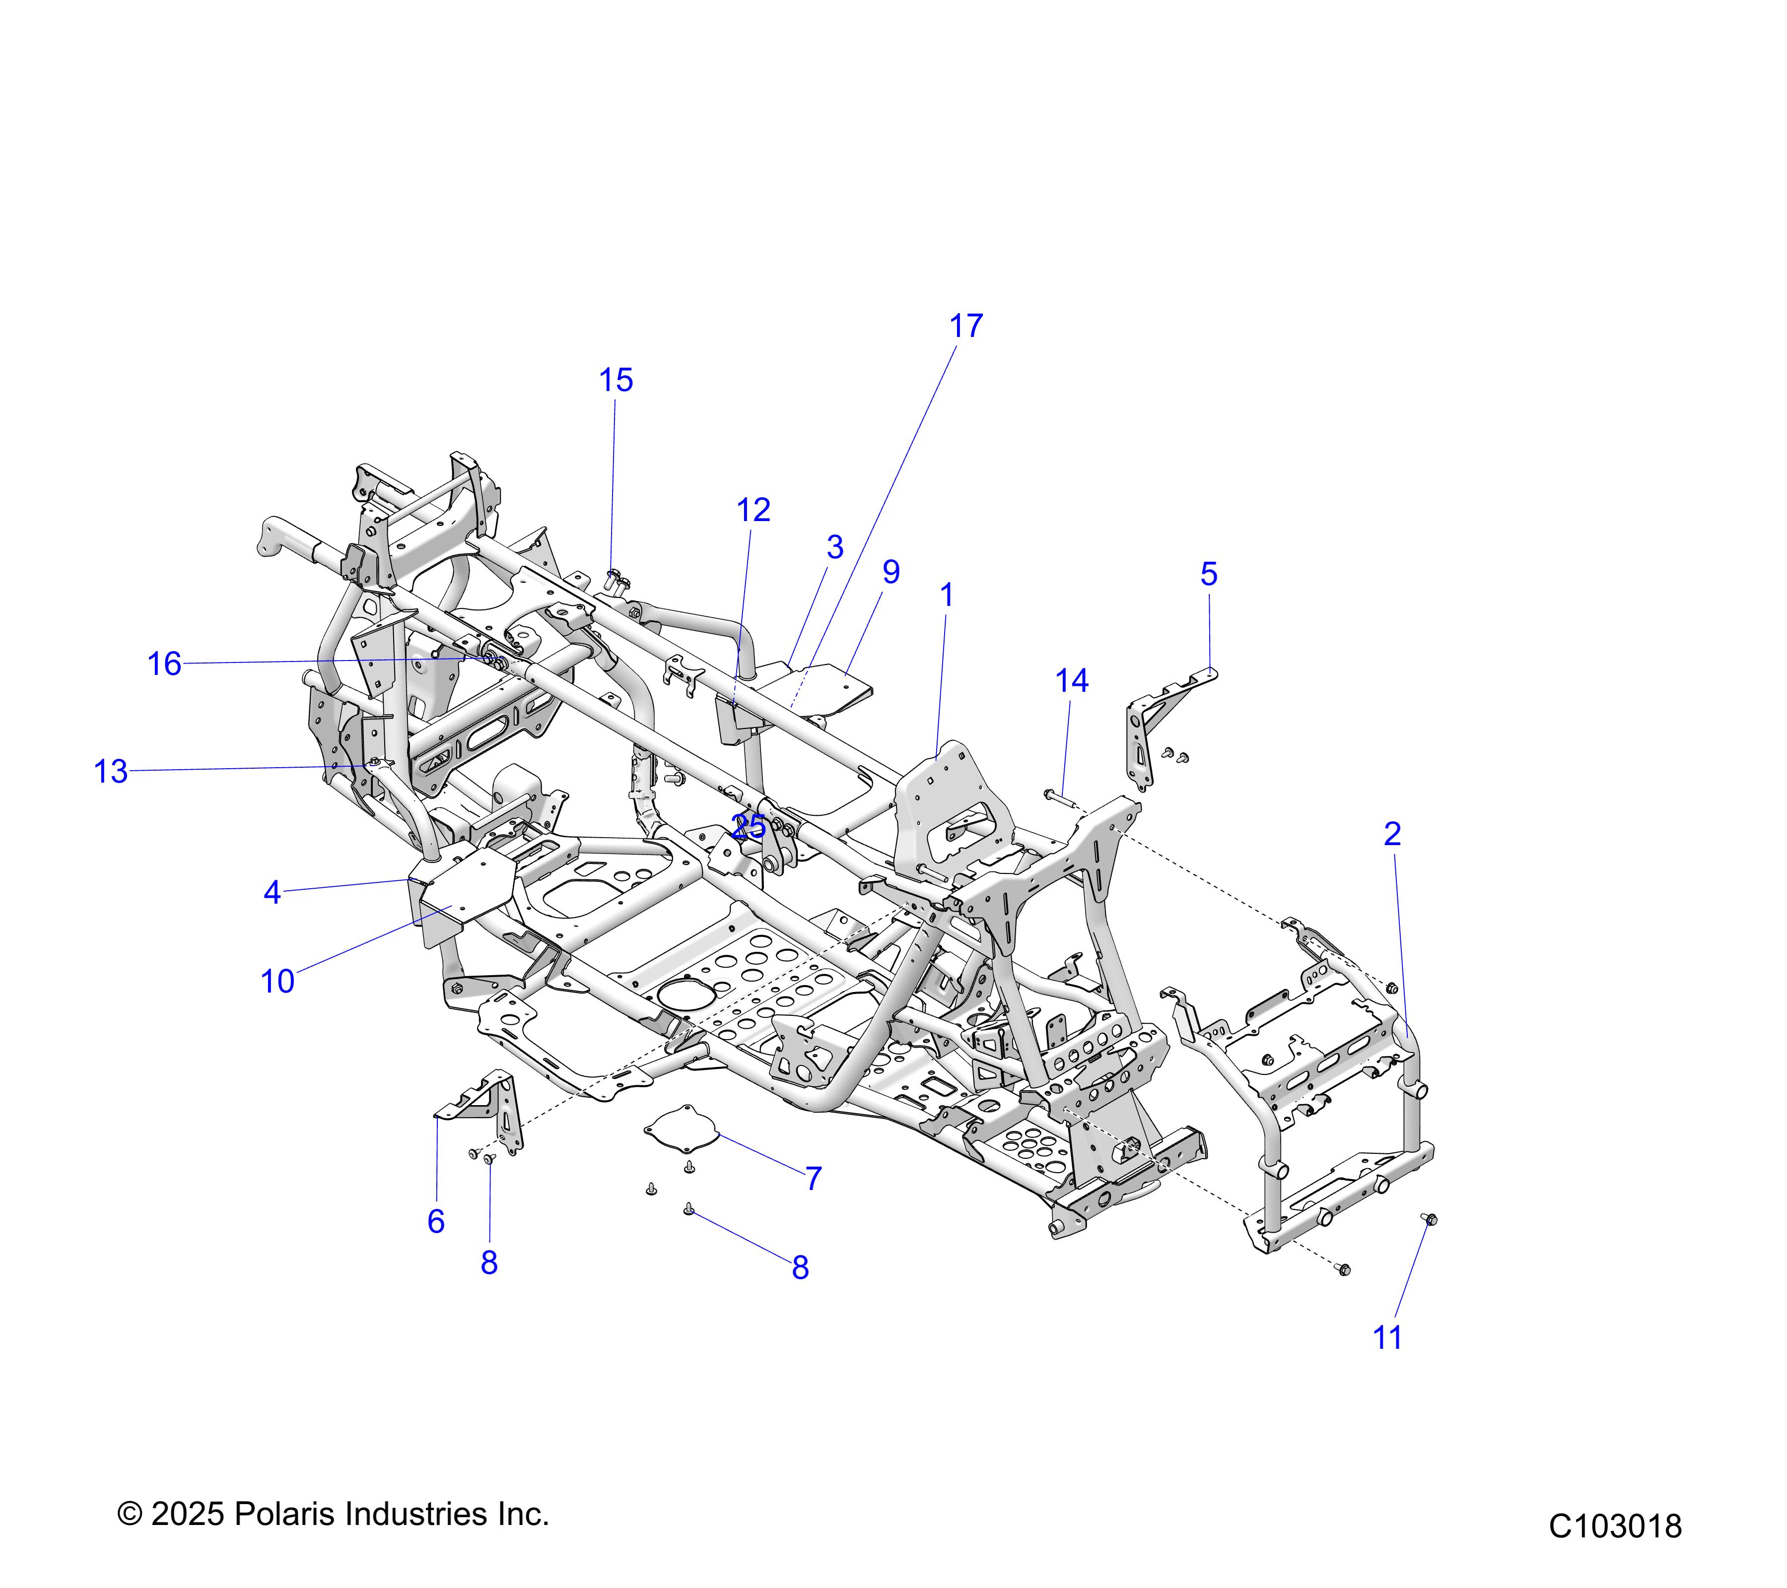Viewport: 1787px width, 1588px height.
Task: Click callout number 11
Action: coord(1387,1338)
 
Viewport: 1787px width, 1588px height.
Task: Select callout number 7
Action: coord(813,1179)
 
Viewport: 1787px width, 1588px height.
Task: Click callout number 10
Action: coord(277,982)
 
